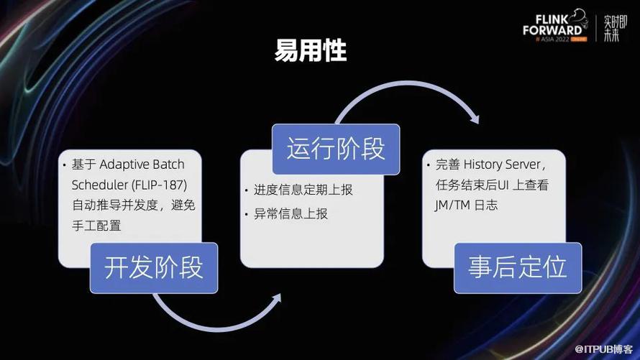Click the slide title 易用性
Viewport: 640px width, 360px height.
tap(311, 50)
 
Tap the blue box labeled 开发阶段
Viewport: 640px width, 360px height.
tap(154, 268)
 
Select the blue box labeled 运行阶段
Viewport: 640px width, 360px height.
tap(336, 149)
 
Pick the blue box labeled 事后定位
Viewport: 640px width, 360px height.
tap(518, 268)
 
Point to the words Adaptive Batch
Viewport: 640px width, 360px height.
tap(142, 165)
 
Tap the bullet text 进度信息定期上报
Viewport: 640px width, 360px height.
tap(303, 190)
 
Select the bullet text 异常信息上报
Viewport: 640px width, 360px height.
tap(291, 213)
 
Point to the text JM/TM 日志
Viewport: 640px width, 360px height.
tap(467, 205)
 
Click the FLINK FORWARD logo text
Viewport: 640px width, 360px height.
tap(553, 25)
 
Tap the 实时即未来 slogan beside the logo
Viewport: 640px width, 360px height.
tap(615, 28)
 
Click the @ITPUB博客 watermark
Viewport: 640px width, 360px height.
tap(603, 349)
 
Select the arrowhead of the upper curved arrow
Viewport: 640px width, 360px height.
tap(475, 118)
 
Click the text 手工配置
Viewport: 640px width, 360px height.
tap(97, 226)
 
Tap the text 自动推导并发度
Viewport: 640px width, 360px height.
tap(115, 205)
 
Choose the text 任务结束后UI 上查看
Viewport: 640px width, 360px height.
tap(492, 185)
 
